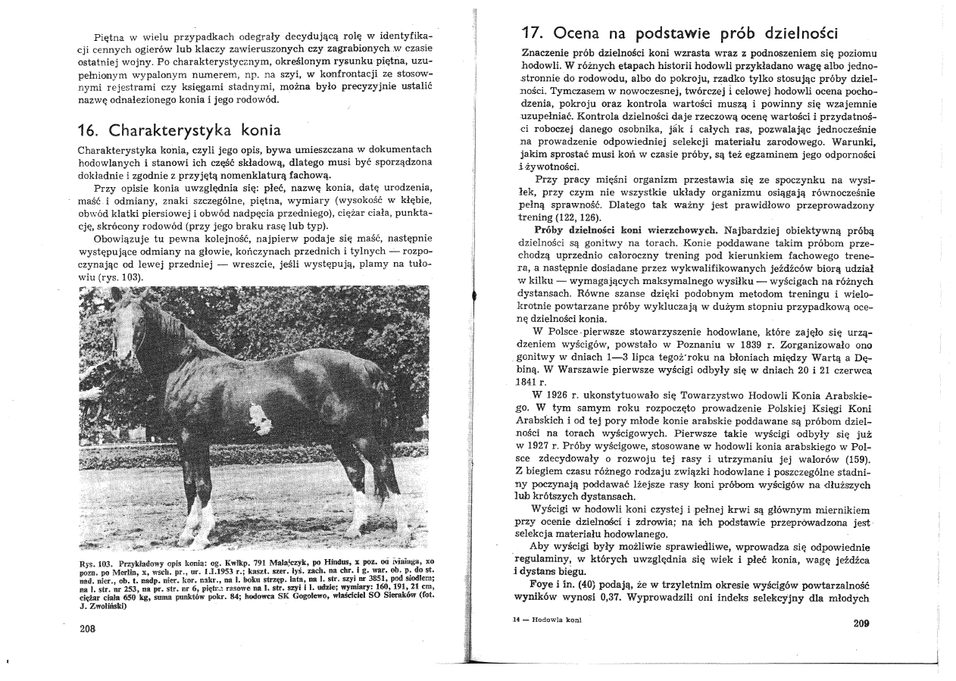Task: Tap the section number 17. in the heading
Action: point(533,34)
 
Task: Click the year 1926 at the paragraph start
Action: point(563,395)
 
